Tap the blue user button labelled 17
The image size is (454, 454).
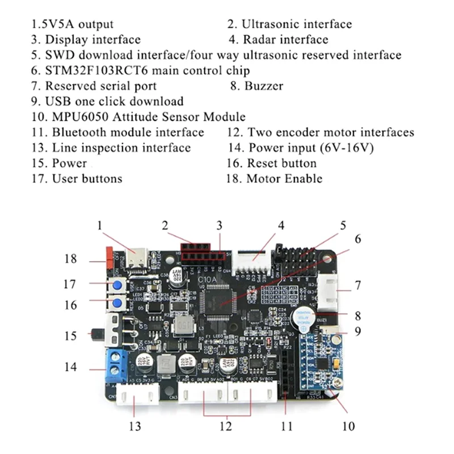tap(118, 285)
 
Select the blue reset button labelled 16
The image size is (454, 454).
tap(118, 304)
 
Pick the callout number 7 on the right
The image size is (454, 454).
tap(358, 285)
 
